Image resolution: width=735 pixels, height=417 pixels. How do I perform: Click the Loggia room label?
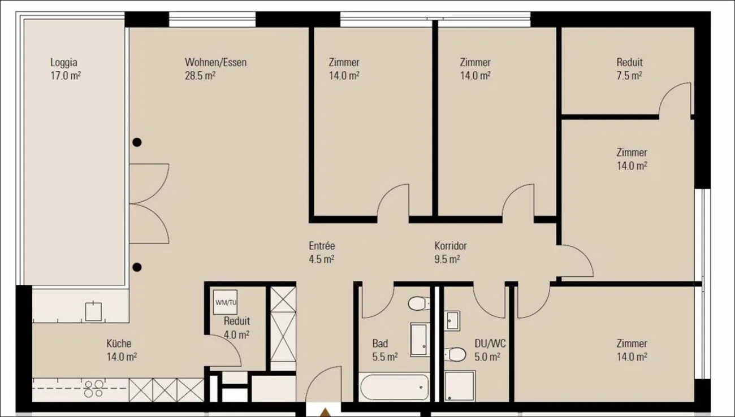point(64,62)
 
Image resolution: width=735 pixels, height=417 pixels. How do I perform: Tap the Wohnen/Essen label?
point(215,62)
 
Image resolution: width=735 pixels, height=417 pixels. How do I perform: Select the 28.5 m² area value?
point(200,76)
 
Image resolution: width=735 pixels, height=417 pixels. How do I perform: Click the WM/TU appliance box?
point(226,302)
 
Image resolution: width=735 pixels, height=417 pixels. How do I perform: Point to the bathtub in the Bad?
point(394,387)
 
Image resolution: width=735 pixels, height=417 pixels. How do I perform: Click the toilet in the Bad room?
point(419,303)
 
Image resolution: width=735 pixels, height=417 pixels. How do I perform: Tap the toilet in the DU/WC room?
point(455,354)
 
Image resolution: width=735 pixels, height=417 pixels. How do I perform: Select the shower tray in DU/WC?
point(459,386)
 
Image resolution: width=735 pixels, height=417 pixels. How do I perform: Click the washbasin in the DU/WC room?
point(452,320)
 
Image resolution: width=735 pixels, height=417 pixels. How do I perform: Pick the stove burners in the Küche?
point(93,389)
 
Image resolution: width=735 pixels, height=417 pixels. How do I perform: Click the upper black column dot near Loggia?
point(137,142)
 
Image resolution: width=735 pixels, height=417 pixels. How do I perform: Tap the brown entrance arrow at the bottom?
point(325,412)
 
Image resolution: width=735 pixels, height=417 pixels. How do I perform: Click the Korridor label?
point(451,246)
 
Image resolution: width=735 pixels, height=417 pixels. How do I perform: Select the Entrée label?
point(322,246)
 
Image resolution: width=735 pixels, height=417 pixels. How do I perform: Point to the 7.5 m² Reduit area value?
point(629,76)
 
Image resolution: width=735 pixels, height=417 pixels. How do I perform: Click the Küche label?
point(119,344)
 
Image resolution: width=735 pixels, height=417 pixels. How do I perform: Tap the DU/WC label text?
point(490,344)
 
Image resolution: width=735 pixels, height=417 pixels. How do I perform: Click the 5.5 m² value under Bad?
point(385,357)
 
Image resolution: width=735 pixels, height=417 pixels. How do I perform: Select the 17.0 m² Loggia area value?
point(66,76)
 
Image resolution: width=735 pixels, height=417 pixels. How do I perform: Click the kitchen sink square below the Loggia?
point(93,311)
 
